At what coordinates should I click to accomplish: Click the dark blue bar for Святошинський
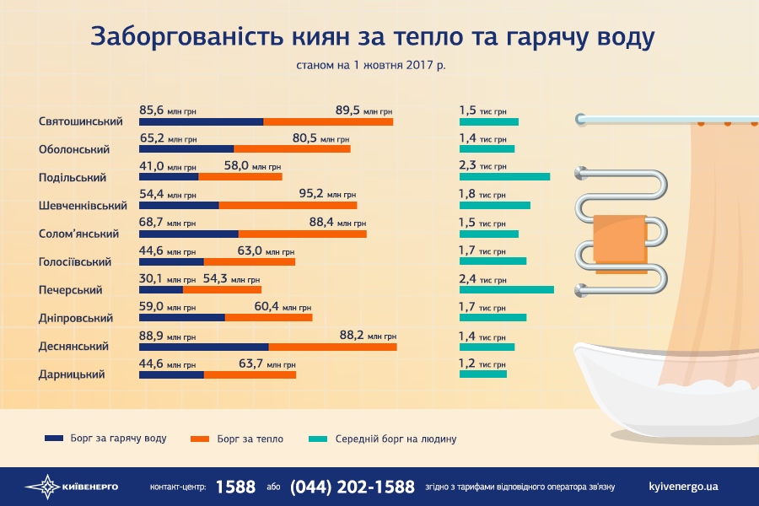[201, 121]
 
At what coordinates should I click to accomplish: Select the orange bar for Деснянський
[332, 346]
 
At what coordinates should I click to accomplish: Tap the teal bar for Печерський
[506, 289]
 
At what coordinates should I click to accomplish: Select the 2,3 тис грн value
[482, 166]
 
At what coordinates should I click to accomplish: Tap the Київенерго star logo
[42, 487]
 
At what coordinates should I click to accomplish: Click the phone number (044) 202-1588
[352, 487]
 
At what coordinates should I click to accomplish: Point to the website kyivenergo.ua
[684, 487]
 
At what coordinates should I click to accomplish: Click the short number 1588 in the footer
[235, 487]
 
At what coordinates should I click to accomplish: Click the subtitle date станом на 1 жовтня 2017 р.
[370, 65]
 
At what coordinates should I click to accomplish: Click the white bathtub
[658, 396]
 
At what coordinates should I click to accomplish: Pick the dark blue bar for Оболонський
[186, 149]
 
